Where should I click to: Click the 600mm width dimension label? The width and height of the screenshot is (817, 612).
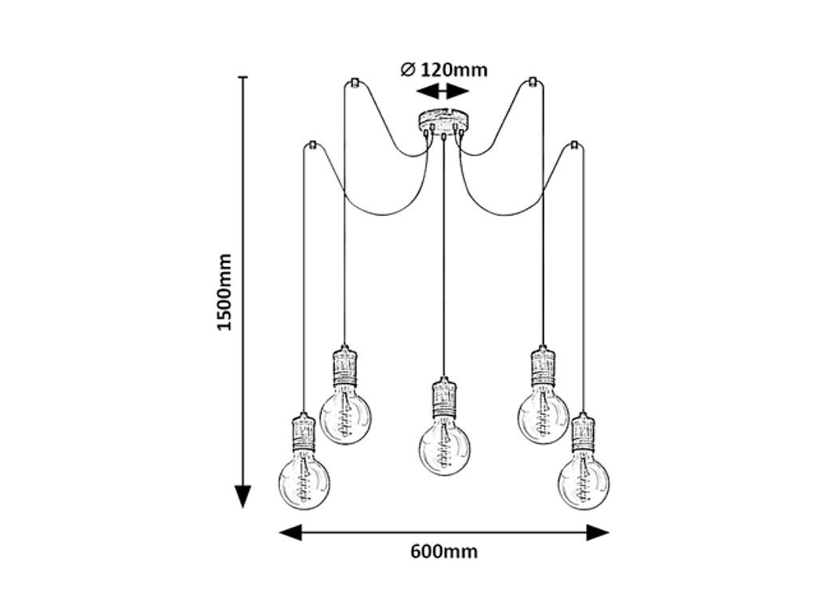tap(444, 551)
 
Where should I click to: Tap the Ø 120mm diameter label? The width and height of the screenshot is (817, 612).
tap(444, 70)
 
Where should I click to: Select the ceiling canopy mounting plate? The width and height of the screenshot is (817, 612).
tap(444, 120)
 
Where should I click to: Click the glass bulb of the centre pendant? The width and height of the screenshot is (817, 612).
tap(444, 448)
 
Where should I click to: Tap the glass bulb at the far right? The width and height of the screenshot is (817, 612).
tap(583, 482)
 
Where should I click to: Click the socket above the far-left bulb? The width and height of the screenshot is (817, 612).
tap(304, 431)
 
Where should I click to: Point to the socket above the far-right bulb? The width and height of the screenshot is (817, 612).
tap(583, 431)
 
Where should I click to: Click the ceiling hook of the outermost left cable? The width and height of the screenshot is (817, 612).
tap(313, 145)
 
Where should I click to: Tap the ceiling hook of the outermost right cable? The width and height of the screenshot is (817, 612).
tap(574, 145)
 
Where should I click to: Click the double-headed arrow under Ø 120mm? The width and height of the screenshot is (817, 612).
tap(444, 92)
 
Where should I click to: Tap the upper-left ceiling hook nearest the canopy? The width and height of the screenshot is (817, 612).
tap(353, 81)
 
